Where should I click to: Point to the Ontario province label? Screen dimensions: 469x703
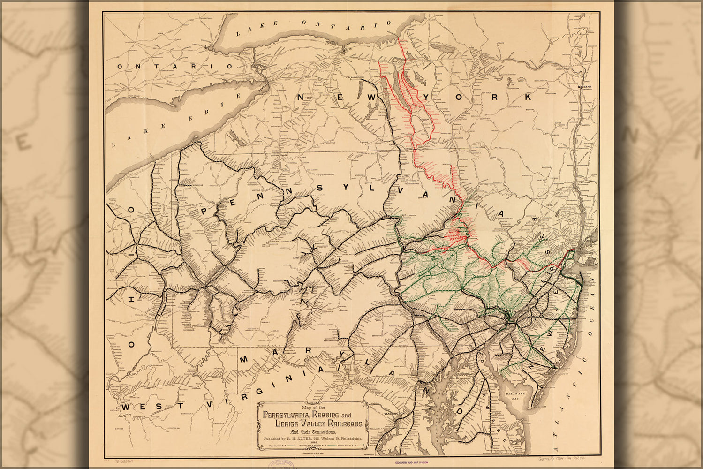point(174,67)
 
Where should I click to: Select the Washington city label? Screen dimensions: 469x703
point(393,413)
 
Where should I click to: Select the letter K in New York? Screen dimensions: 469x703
point(528,97)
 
